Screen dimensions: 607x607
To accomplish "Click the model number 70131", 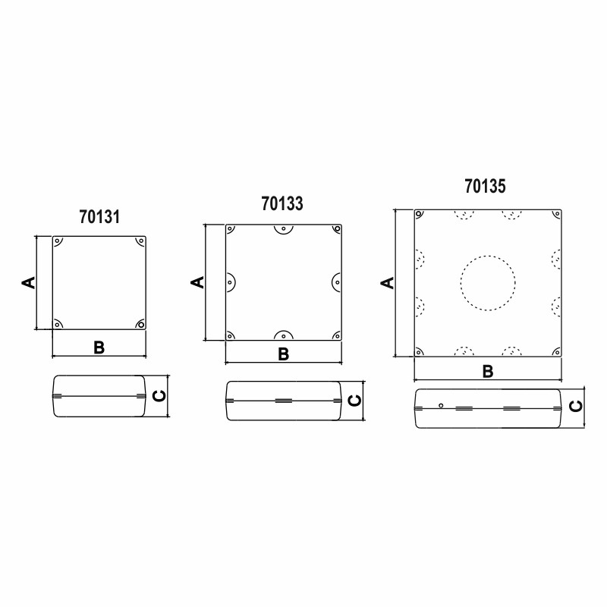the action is (99, 217).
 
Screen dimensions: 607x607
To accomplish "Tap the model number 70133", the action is (282, 203).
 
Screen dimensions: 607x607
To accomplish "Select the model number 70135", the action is (485, 186).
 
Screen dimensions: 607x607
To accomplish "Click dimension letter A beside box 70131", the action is (28, 282).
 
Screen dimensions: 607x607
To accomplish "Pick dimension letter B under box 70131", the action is (99, 348).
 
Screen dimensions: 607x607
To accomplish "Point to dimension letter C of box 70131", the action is (159, 395).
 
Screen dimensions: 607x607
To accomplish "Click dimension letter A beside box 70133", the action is (197, 282).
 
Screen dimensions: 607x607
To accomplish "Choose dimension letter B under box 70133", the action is (283, 354).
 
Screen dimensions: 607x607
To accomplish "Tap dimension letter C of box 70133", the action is (354, 401).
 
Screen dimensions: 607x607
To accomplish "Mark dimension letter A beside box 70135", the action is (388, 283).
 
